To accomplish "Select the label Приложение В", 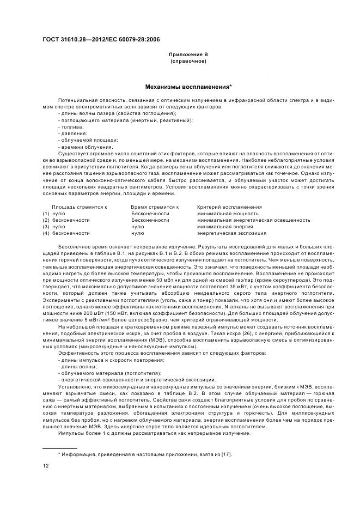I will (188, 54).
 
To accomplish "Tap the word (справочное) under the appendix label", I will (188, 61).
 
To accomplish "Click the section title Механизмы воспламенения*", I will (188, 86).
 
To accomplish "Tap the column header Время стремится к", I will (155, 207).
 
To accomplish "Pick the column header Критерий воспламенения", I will (229, 207).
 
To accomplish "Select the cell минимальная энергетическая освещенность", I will (253, 220).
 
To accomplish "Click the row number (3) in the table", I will (46, 227).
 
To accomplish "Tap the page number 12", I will (46, 466).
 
